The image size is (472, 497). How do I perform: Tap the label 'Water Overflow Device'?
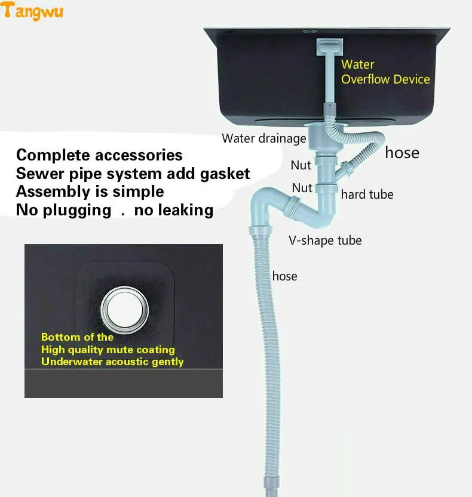click(x=385, y=72)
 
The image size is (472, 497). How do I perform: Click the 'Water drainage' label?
click(x=263, y=138)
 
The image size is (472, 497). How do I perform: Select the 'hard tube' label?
click(x=367, y=195)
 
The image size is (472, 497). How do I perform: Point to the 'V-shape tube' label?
click(x=326, y=240)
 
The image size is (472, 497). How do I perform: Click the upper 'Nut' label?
click(x=301, y=165)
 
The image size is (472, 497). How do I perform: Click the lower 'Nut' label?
click(x=302, y=188)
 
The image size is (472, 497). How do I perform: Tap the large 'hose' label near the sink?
click(x=401, y=153)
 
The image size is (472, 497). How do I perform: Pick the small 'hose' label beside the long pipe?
click(x=284, y=276)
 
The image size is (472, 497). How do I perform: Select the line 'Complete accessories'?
click(x=99, y=155)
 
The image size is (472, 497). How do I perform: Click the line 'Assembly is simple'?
click(x=90, y=192)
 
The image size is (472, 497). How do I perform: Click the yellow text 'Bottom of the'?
click(x=77, y=337)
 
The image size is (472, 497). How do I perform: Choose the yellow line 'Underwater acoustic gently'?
click(x=112, y=362)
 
